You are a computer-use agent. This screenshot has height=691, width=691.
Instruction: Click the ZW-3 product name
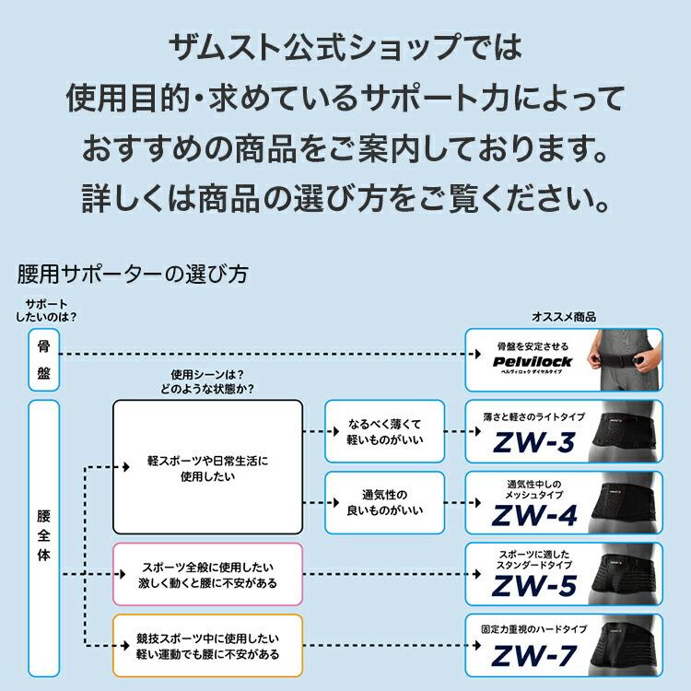(533, 443)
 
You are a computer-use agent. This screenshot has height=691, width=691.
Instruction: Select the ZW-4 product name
(533, 514)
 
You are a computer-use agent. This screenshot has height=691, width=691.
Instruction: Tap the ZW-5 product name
(533, 584)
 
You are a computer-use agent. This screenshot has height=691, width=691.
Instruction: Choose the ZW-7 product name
(533, 655)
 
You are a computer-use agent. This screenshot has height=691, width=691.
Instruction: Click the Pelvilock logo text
(533, 361)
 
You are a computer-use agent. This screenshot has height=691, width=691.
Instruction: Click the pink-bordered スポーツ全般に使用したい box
(207, 574)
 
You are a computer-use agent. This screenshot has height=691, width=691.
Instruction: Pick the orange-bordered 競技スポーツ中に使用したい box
(207, 645)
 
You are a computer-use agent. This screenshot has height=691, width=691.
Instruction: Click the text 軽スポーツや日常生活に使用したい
(207, 467)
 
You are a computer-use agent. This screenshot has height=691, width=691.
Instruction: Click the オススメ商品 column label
(563, 316)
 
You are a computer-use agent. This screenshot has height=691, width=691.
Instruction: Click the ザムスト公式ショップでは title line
(345, 45)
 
